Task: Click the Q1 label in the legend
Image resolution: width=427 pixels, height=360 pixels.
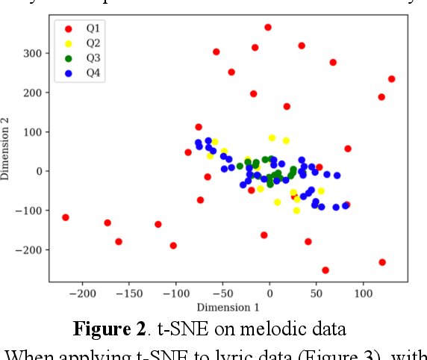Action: pos(93,28)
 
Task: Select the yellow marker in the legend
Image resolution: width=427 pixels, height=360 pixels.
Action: pos(68,43)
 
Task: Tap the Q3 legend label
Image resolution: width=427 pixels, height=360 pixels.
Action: pos(93,58)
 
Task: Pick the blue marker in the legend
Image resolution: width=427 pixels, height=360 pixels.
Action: pos(68,72)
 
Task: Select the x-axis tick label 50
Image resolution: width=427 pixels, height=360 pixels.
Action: pos(317,294)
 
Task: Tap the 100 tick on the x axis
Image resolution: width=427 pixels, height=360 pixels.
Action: pos(363,294)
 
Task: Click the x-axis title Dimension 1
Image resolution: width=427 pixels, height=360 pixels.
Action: pos(228,307)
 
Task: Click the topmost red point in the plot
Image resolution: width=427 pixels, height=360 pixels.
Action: pos(268,28)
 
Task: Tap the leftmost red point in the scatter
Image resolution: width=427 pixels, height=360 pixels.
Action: pos(66,217)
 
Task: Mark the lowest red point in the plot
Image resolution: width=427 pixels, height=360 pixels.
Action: pos(325,270)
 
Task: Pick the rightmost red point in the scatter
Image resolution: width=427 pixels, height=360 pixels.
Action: pos(391,79)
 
